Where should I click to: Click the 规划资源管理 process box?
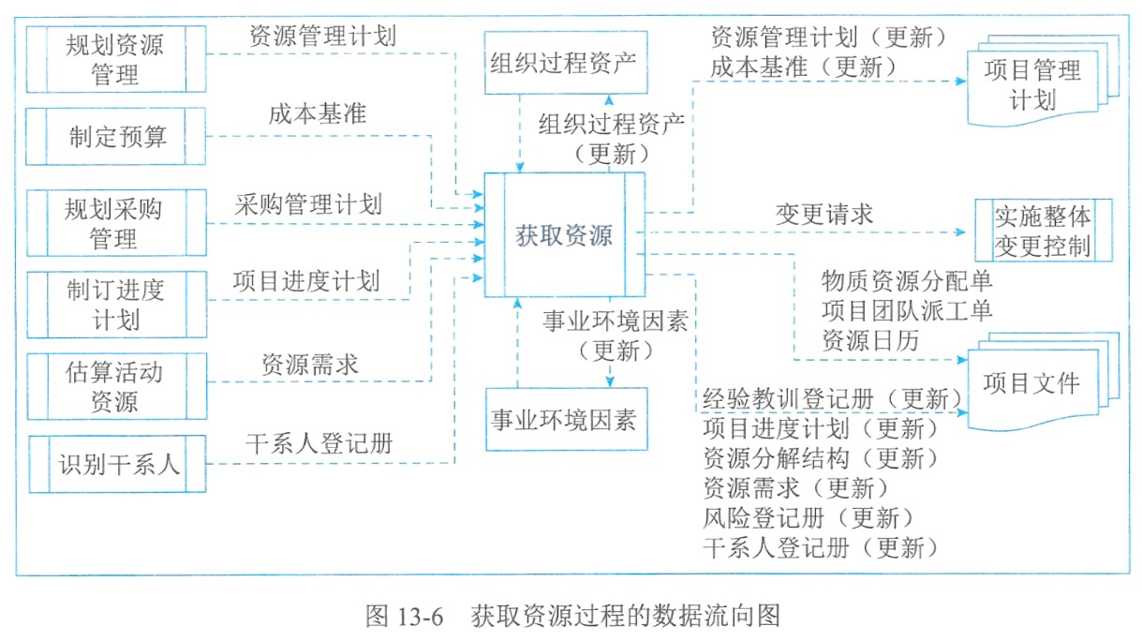coord(116,59)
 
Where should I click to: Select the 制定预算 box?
coord(116,136)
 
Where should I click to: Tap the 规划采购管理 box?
coord(117,223)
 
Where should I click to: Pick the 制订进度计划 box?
coord(117,305)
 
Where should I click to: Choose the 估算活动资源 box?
coord(117,386)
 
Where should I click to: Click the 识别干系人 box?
coord(118,464)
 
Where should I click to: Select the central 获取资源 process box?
coord(565,234)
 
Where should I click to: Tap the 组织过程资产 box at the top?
coord(566,63)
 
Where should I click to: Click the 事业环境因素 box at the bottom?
coord(567,419)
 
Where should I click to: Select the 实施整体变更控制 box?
coord(1044,231)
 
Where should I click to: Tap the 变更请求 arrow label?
coord(824,215)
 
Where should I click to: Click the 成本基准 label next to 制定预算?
coord(318,113)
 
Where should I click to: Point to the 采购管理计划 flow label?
coord(308,204)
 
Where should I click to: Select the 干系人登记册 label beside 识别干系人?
coord(319,443)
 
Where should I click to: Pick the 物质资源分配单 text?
coord(907,280)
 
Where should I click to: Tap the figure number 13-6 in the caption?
coord(419,617)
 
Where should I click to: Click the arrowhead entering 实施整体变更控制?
coord(960,232)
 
